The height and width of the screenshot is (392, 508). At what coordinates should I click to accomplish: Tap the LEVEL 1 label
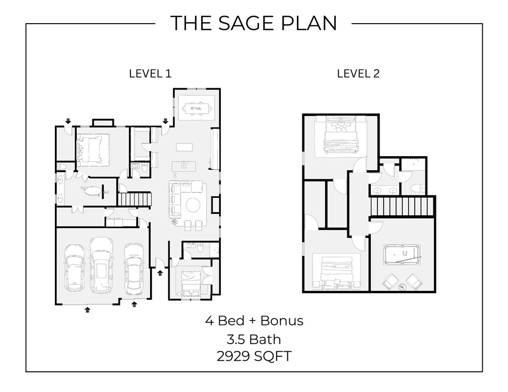(x=150, y=74)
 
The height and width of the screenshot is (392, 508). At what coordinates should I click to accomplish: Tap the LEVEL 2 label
(x=358, y=74)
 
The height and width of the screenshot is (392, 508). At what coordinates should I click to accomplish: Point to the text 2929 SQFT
(x=253, y=356)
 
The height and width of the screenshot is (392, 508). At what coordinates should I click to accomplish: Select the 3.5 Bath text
(x=253, y=339)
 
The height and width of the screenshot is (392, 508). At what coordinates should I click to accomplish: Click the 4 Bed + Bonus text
(x=253, y=320)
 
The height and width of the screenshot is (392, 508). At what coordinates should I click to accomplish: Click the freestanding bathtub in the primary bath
(x=91, y=191)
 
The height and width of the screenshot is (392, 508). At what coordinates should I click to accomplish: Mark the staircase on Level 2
(x=402, y=206)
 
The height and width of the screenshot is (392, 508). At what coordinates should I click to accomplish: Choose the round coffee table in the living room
(x=194, y=205)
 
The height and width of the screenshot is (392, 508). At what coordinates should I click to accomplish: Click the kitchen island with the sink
(x=183, y=165)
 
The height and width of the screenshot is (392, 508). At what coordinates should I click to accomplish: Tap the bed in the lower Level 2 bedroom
(x=336, y=272)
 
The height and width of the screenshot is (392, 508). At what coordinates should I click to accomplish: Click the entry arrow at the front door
(x=160, y=273)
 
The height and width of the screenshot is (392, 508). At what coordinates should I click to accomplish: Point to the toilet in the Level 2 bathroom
(x=416, y=188)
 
